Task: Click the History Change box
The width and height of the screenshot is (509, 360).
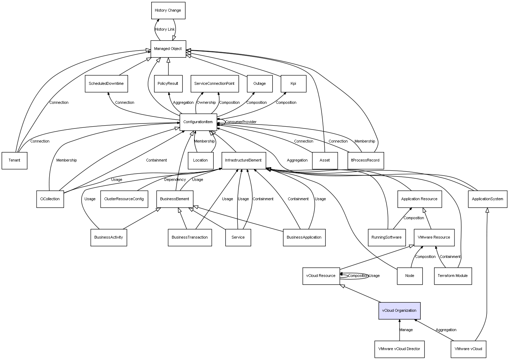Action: pos(168,11)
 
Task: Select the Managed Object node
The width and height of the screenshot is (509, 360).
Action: pos(168,49)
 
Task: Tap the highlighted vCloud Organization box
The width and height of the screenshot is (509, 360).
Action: pos(399,311)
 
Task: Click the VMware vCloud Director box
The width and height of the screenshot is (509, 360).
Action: pos(399,349)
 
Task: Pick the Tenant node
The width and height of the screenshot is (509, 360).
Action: pos(14,160)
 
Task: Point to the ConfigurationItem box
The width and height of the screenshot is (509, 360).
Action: pos(198,122)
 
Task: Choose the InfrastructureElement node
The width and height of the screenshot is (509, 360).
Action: pos(243,160)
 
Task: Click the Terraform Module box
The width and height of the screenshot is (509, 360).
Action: pos(453,276)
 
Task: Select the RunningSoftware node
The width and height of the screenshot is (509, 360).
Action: pos(387,238)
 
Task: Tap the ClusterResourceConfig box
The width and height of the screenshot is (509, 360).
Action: pos(124,199)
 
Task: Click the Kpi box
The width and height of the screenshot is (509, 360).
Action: pos(293,84)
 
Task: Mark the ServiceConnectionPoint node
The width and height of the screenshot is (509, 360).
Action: pos(215,84)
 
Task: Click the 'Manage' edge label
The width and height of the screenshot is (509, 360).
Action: pos(406,330)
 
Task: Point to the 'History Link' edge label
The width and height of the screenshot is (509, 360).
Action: pos(165,30)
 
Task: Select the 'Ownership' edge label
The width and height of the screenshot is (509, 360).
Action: pos(206,103)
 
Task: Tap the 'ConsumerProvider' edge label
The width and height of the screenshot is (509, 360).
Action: pos(241,122)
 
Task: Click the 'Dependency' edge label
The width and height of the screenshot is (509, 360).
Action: pos(175,180)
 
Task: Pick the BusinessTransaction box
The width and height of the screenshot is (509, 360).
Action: pos(190,238)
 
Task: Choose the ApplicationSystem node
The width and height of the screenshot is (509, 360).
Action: pos(488,199)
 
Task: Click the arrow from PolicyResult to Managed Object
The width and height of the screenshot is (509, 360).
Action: pos(168,67)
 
